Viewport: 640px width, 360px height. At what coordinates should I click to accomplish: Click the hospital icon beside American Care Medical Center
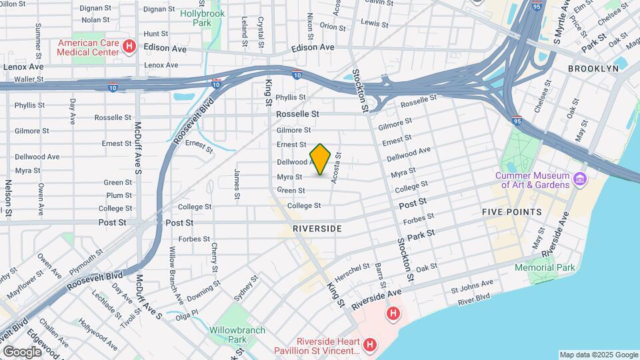[x=130, y=47]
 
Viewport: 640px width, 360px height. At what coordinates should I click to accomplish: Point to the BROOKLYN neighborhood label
[x=593, y=69]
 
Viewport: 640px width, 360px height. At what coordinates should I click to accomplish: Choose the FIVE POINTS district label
[x=512, y=212]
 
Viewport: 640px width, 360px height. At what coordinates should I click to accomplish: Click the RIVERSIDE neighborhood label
[x=317, y=229]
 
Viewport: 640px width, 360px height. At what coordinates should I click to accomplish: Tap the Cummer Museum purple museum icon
[x=579, y=180]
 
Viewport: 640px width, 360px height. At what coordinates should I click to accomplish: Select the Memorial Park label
[x=545, y=267]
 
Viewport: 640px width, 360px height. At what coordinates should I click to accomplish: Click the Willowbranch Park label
[x=237, y=335]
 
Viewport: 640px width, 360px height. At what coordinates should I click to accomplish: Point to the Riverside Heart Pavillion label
[x=319, y=346]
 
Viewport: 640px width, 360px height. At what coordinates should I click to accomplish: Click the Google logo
[x=22, y=351]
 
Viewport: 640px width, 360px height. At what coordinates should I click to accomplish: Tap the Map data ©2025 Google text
[x=598, y=355]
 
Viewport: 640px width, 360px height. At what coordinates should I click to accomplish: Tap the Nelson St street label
[x=9, y=198]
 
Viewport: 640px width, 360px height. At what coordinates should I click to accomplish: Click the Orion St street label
[x=332, y=26]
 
